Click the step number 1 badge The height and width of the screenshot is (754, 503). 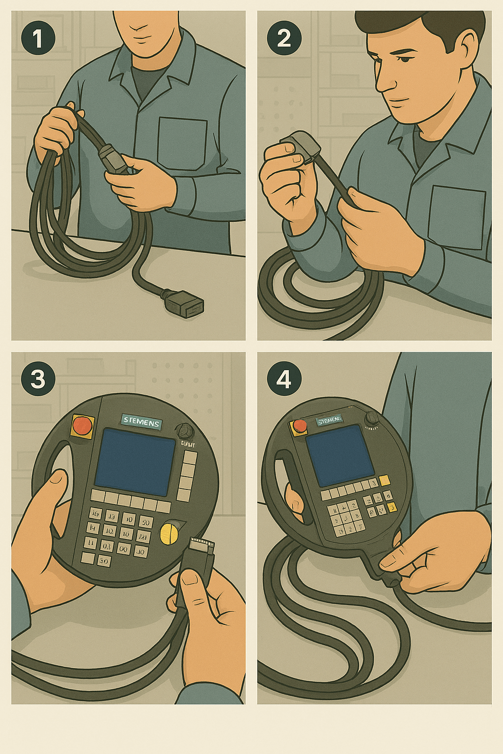tap(38, 38)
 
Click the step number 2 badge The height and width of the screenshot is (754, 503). tap(283, 38)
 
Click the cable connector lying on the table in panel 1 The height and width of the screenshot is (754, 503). tap(188, 303)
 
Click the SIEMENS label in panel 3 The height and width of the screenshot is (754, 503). tap(141, 421)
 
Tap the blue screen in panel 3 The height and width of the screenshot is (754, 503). tap(135, 461)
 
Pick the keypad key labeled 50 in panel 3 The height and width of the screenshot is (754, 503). tap(145, 521)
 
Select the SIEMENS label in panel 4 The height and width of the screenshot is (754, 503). tap(329, 421)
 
